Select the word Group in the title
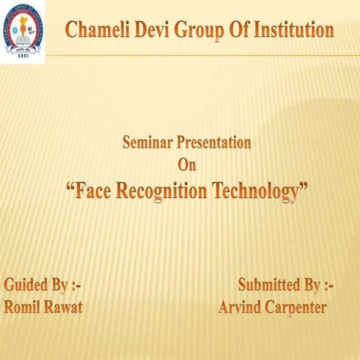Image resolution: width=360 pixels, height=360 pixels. pyautogui.click(x=199, y=31)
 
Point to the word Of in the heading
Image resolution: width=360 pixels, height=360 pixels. pyautogui.click(x=238, y=31)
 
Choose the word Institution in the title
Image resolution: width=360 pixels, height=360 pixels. pyautogui.click(x=293, y=31)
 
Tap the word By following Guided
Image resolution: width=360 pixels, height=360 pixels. pyautogui.click(x=65, y=286)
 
